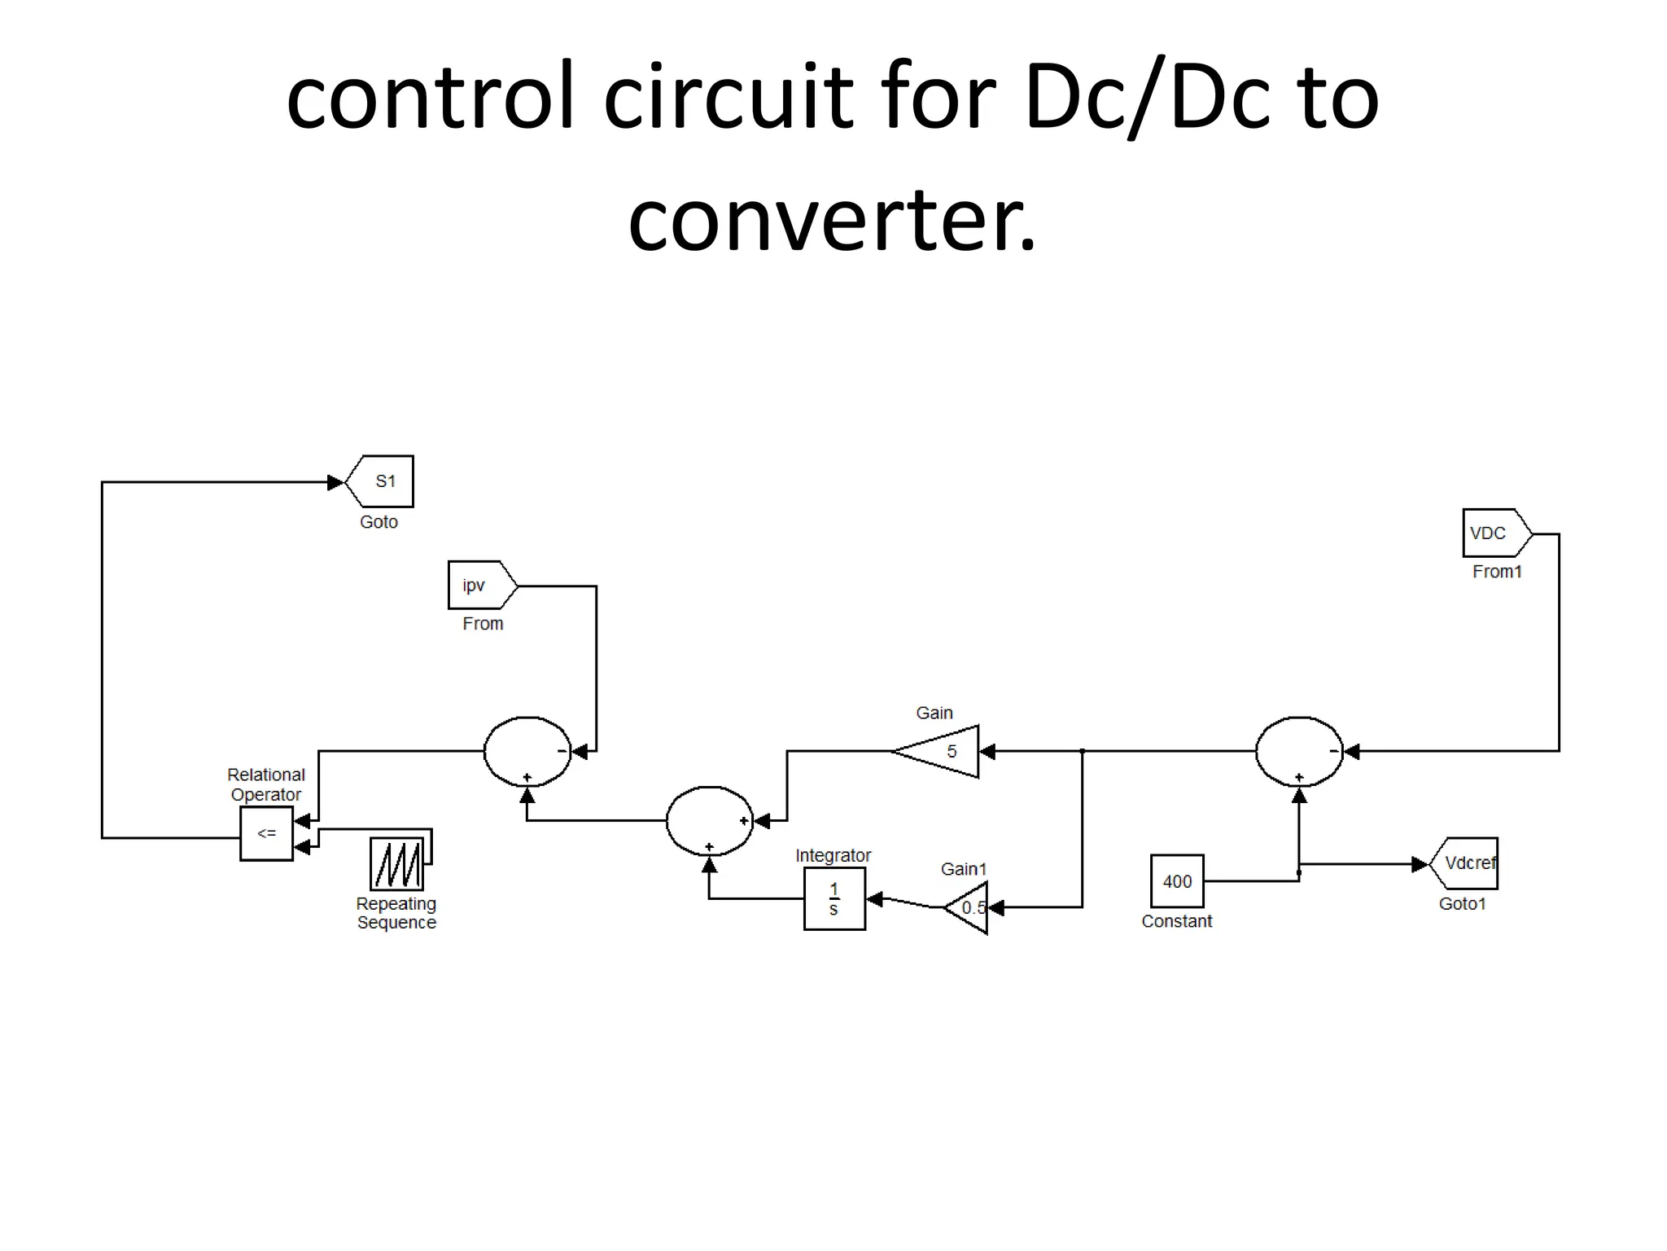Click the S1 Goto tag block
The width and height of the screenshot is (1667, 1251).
coord(381,481)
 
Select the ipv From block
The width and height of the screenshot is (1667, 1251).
coord(480,585)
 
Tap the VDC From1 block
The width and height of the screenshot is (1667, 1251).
coord(1494,533)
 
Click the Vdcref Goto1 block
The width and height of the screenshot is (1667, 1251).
coord(1465,863)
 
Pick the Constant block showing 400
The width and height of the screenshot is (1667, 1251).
coord(1177,881)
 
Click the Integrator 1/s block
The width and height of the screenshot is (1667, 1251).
coord(834,898)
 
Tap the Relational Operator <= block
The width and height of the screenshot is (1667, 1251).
coord(266,833)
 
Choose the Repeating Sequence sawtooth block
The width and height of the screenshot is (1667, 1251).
coord(397,863)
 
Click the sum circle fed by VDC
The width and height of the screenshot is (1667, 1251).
coord(1299,752)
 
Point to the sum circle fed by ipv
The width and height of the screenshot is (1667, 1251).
coord(527,752)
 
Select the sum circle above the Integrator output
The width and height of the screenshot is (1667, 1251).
coord(709,821)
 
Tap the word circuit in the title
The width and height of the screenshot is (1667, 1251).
coord(728,98)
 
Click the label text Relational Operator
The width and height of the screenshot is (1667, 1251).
coord(266,784)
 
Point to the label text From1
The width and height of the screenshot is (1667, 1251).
coord(1497,572)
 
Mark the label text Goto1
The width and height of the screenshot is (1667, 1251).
coord(1462,904)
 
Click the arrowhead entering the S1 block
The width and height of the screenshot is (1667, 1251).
coord(335,483)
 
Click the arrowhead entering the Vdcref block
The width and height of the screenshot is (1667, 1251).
coord(1419,864)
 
